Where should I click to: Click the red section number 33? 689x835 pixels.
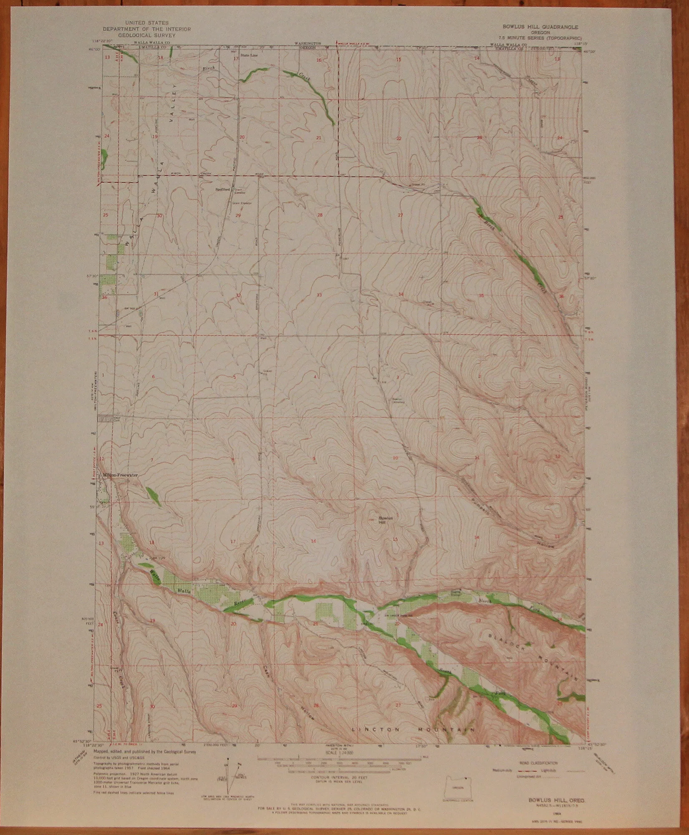319,295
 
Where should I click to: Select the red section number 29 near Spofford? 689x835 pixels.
238,215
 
